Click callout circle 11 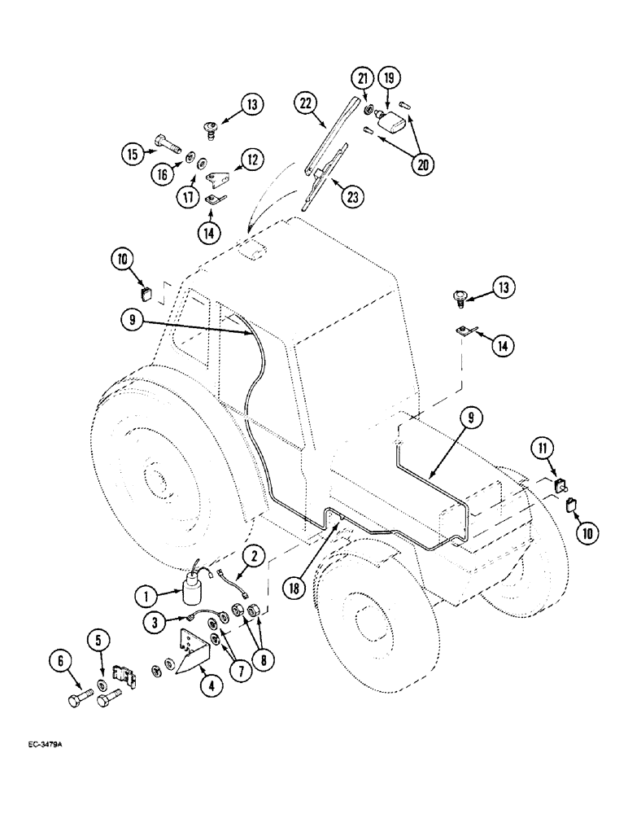541,447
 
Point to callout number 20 423,165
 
